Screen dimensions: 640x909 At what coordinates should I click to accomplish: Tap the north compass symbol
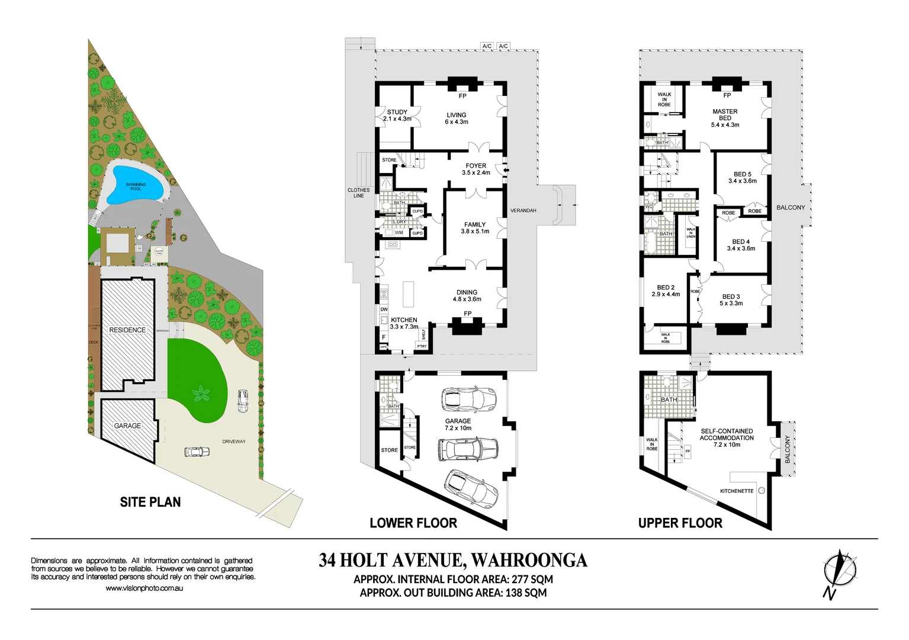[x=839, y=572]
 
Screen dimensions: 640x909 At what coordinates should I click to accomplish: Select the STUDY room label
[x=397, y=115]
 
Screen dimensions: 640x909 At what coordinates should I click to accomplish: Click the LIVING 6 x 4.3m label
[x=456, y=118]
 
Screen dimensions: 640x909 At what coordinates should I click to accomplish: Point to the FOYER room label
[x=476, y=169]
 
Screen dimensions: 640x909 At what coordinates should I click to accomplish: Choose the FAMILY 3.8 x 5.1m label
[x=475, y=228]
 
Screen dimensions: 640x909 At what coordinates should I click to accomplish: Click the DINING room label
[x=467, y=295]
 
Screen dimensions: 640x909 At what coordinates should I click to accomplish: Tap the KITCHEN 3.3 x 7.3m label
[x=404, y=323]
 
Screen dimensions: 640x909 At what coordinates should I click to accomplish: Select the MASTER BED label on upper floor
[x=725, y=117]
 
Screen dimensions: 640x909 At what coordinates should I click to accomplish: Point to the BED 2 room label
[x=666, y=290]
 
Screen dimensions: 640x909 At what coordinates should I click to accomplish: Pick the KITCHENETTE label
[x=737, y=491]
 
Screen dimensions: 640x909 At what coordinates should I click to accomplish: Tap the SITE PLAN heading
[x=150, y=502]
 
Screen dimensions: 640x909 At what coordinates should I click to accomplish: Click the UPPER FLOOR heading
[x=680, y=523]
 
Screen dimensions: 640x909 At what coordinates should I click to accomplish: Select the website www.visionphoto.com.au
[x=144, y=588]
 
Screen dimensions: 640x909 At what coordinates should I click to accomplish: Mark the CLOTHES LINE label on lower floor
[x=358, y=193]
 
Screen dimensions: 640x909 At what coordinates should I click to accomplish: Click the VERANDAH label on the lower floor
[x=523, y=210]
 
